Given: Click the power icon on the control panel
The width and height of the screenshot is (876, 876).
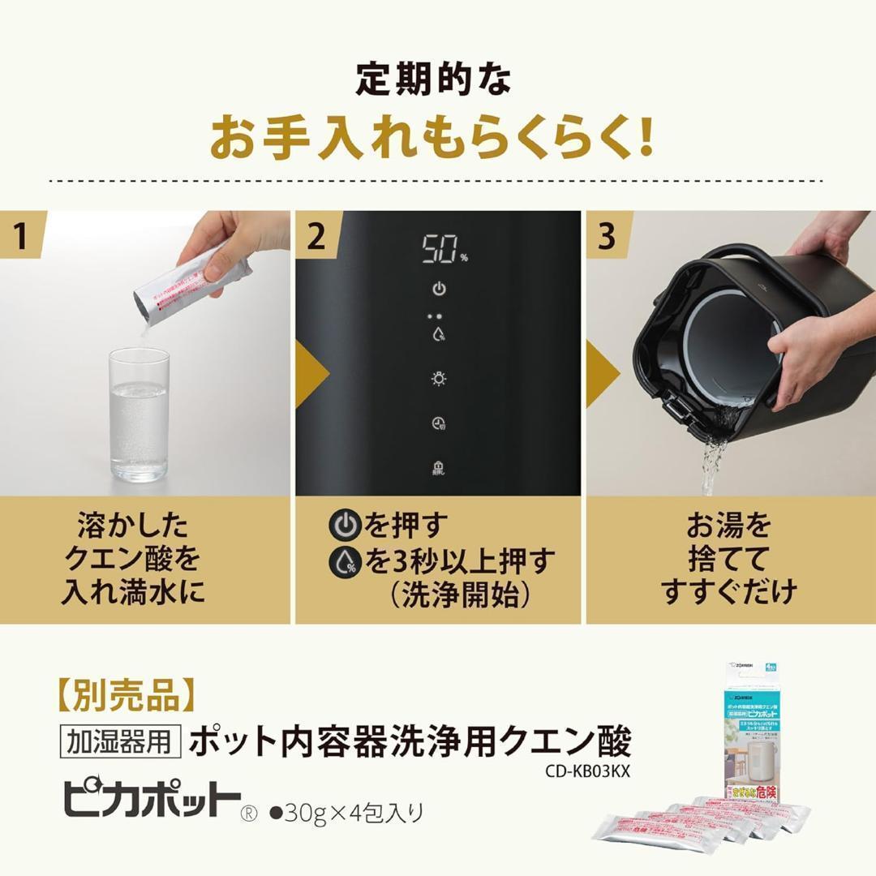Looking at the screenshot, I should pos(439,289).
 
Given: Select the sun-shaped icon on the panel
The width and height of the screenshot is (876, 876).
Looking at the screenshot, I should pos(439,378).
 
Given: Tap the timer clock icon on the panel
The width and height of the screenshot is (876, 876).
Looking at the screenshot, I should pos(439,423).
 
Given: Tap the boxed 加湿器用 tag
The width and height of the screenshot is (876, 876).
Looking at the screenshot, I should pos(120,740).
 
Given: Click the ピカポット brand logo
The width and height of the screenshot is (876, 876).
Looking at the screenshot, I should pos(152,801).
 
